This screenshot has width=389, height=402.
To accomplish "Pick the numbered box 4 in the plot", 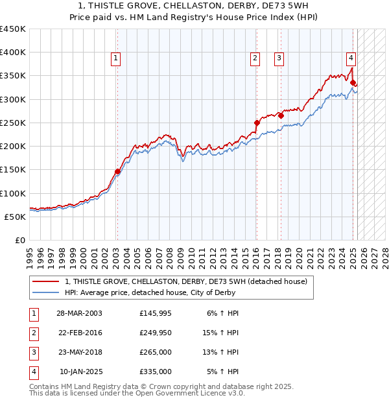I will tap(350, 56).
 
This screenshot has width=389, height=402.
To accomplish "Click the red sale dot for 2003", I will tap(117, 172).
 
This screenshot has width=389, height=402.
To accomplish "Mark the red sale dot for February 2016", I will tap(257, 123).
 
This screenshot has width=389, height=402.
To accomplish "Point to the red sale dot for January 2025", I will tap(353, 82).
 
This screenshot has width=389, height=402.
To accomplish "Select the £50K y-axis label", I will tap(16, 217).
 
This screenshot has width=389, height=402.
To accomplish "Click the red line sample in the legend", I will tap(46, 281).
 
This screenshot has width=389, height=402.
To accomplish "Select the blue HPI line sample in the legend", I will tap(46, 292).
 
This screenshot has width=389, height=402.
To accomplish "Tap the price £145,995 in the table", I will tap(156, 313).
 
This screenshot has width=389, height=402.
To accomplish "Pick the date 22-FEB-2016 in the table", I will tap(80, 333).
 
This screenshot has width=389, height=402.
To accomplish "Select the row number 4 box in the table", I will tap(33, 372).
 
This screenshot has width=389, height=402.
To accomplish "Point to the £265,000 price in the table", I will tap(156, 352).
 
